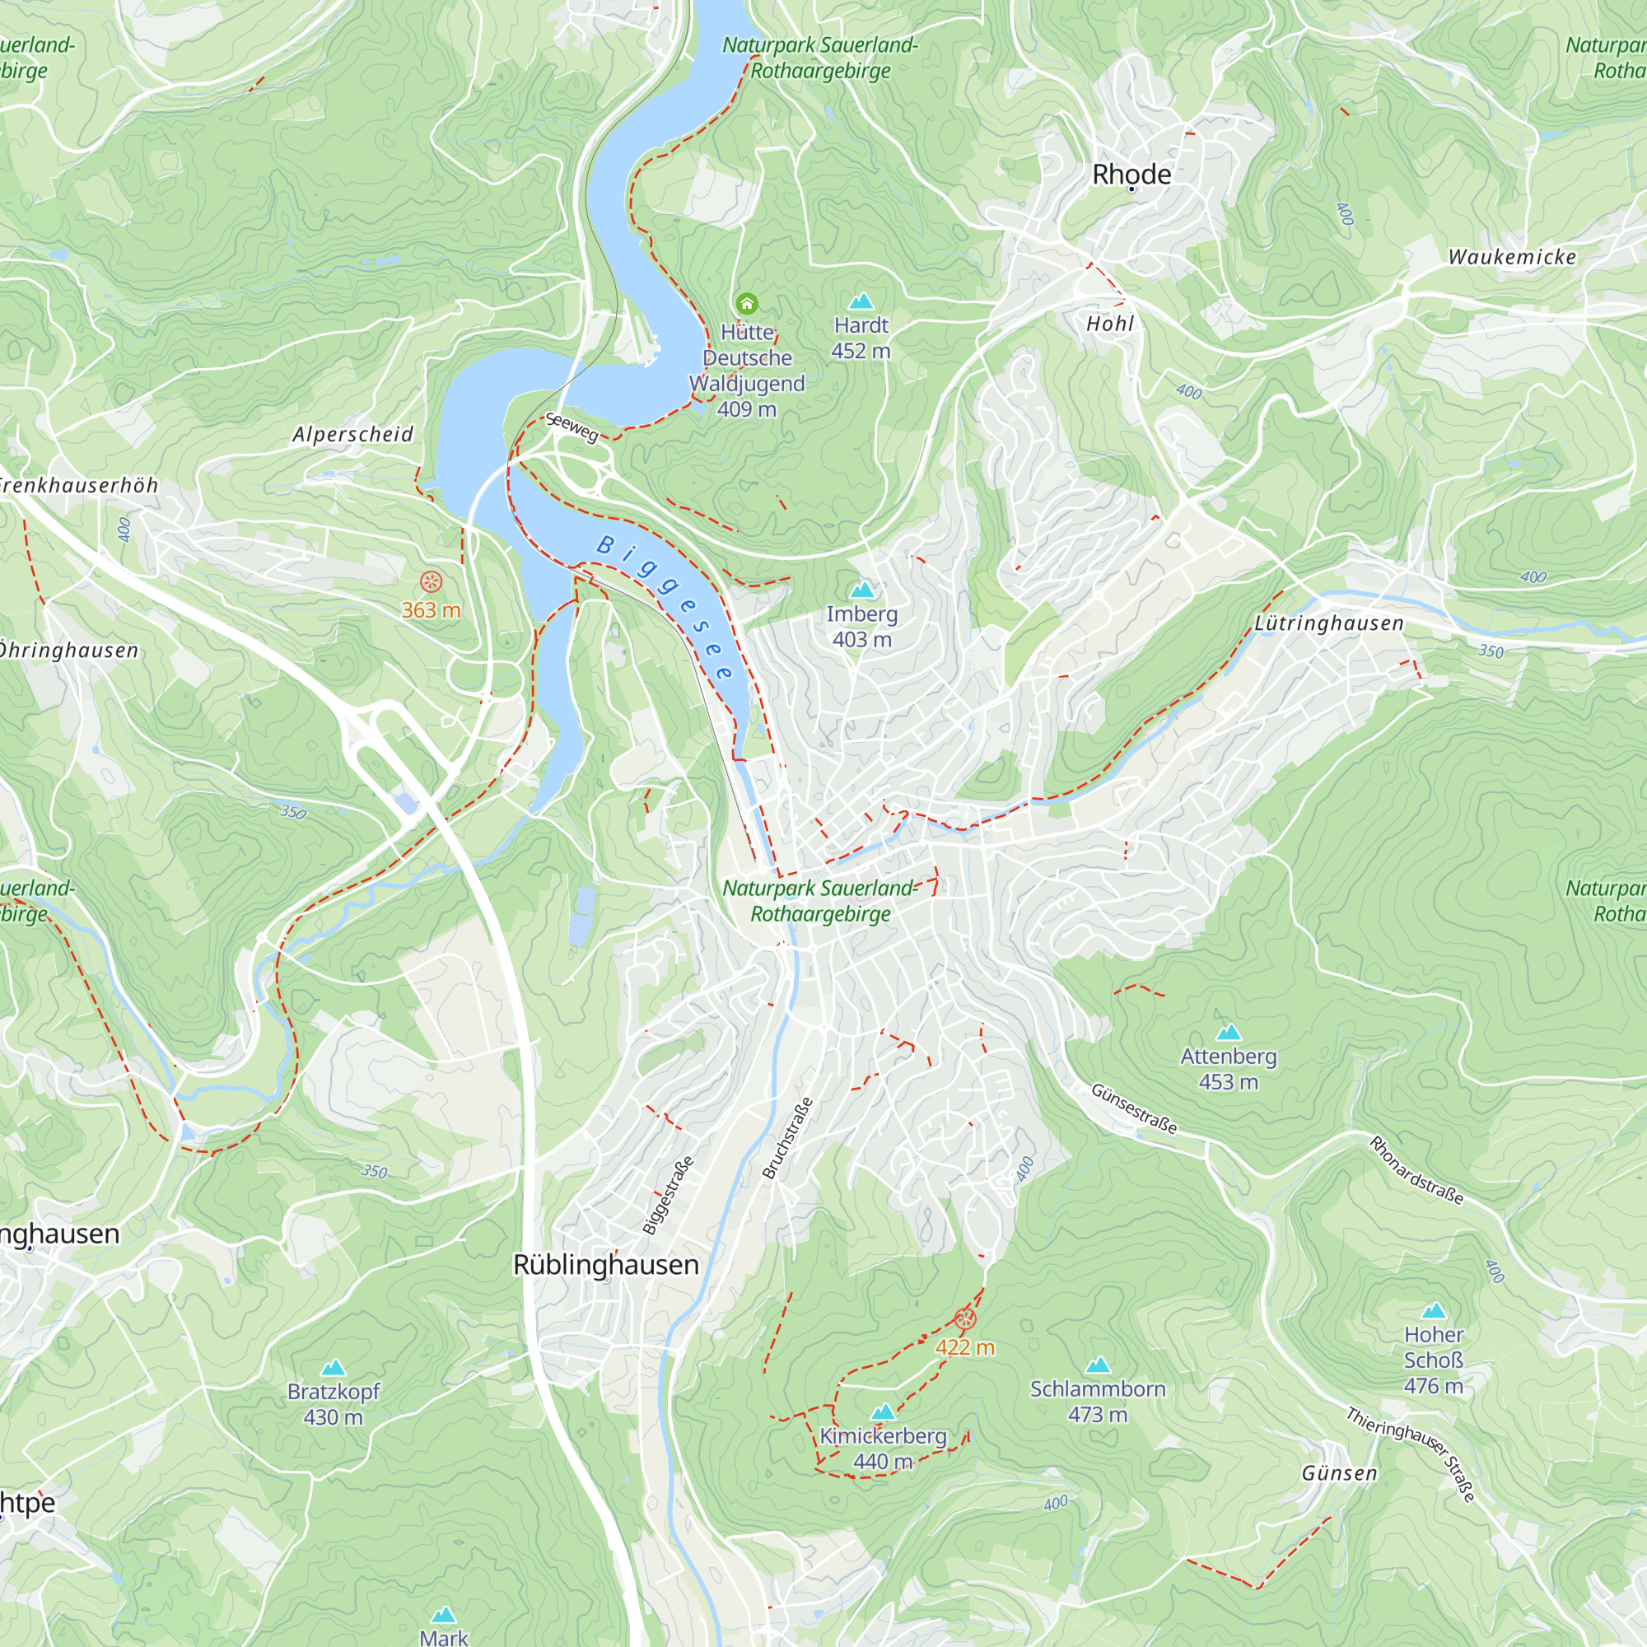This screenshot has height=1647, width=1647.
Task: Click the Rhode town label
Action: (1131, 175)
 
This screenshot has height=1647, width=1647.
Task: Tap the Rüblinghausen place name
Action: (605, 1264)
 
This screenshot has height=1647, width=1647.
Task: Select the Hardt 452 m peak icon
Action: (861, 301)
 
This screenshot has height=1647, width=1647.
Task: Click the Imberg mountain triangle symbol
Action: (862, 590)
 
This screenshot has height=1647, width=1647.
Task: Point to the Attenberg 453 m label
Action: (1228, 1069)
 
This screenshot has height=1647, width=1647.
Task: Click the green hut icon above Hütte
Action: (747, 304)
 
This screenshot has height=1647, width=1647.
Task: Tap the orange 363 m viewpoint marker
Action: (432, 582)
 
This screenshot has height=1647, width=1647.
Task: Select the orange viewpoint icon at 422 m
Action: (964, 1319)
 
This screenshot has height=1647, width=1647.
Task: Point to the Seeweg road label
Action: (572, 427)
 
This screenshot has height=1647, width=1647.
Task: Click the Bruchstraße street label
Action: (788, 1139)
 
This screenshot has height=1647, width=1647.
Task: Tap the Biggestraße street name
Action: (669, 1195)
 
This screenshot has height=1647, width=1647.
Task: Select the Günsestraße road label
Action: (1134, 1109)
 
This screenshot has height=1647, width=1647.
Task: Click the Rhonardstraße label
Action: (1416, 1170)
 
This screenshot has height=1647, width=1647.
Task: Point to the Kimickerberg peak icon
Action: (883, 1412)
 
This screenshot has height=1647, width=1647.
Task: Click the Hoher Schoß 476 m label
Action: (1433, 1360)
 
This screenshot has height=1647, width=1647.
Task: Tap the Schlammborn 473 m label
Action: (1097, 1402)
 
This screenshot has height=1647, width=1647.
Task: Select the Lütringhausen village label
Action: (1328, 624)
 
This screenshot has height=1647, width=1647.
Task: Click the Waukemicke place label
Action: (1511, 258)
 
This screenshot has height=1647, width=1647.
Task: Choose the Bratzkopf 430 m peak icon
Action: (334, 1368)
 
